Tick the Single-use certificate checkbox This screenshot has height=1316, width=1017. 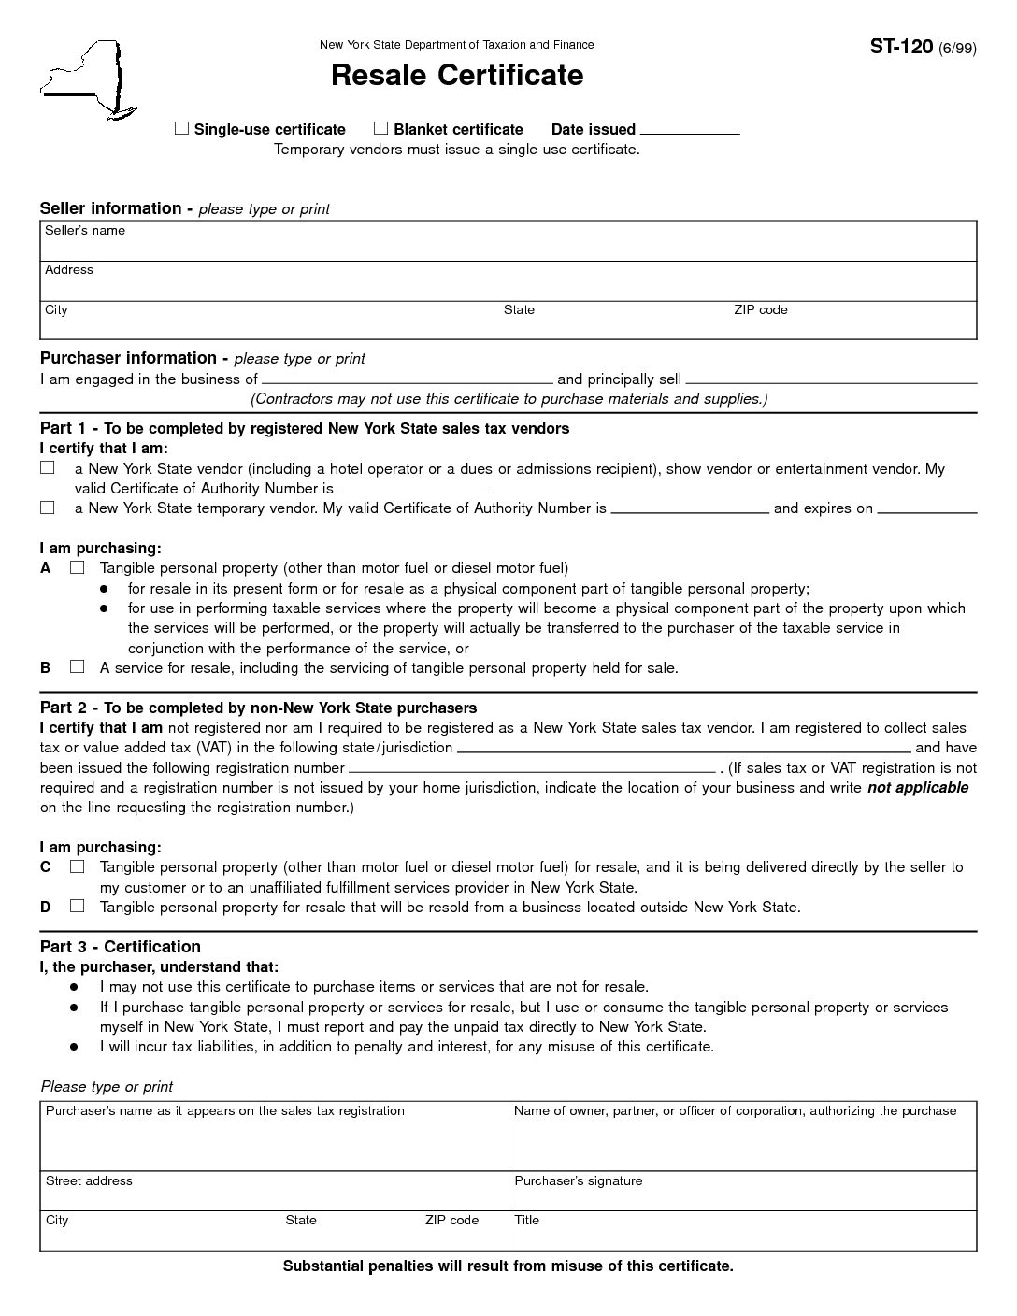(x=181, y=129)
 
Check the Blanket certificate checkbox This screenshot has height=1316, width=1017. (x=380, y=129)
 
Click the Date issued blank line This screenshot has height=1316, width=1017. (x=690, y=131)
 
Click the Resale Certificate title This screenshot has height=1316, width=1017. (x=456, y=75)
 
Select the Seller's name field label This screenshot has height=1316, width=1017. (x=85, y=231)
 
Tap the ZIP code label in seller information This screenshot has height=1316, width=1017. (x=760, y=310)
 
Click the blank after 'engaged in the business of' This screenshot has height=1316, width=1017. (x=407, y=379)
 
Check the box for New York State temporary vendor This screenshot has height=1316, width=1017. (x=47, y=508)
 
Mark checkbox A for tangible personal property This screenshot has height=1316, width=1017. (x=77, y=567)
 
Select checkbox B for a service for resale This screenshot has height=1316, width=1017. (x=77, y=667)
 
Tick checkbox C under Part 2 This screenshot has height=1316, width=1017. (x=77, y=866)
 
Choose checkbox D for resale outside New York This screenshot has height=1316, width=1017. (x=77, y=906)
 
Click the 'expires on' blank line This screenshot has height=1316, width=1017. (x=926, y=509)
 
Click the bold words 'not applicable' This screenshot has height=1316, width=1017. (x=917, y=788)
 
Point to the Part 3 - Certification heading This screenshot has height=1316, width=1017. (x=120, y=947)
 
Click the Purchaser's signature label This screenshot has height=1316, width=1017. (x=578, y=1181)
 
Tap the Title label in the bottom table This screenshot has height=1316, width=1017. (x=526, y=1221)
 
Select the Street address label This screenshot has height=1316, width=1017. (x=89, y=1181)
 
